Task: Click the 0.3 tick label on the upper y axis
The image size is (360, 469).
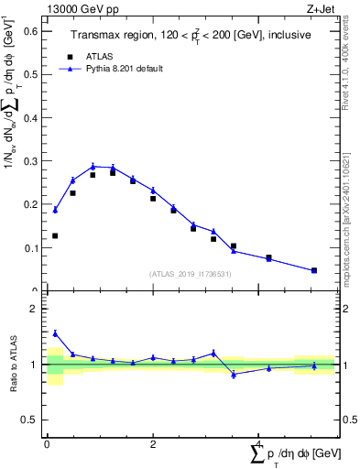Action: click(x=29, y=161)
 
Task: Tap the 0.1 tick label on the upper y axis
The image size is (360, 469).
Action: click(x=29, y=248)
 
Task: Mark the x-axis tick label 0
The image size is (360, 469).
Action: click(x=47, y=444)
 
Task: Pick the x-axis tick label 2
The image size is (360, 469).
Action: click(x=152, y=444)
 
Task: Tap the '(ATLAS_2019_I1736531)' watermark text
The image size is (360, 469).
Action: click(x=191, y=274)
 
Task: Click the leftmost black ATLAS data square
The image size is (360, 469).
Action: click(x=55, y=235)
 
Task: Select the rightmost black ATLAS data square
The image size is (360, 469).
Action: click(x=314, y=270)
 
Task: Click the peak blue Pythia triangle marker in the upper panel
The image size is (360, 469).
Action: click(x=93, y=167)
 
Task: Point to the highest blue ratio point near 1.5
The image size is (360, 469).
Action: click(x=55, y=333)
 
